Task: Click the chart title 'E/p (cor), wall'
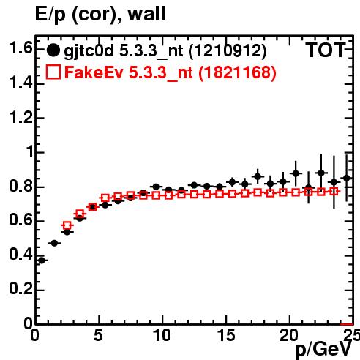coord(100,14)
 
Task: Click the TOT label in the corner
coord(326,50)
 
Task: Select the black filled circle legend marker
coord(53,50)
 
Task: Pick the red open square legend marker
coord(53,72)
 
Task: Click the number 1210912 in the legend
coord(228,51)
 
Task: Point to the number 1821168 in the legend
coord(237,72)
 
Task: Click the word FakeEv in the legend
coord(94,72)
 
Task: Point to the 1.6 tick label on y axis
coord(20,48)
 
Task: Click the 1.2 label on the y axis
coord(20,117)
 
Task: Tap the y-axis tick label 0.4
coord(20,255)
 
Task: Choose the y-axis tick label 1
coord(29,151)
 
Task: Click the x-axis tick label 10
coord(162,335)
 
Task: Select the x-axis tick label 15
coord(226,335)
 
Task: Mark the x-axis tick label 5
coord(98,335)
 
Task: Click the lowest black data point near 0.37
coord(42,260)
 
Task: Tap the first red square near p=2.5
coord(67,225)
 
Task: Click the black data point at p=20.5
coord(296,173)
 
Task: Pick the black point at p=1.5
coord(54,243)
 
